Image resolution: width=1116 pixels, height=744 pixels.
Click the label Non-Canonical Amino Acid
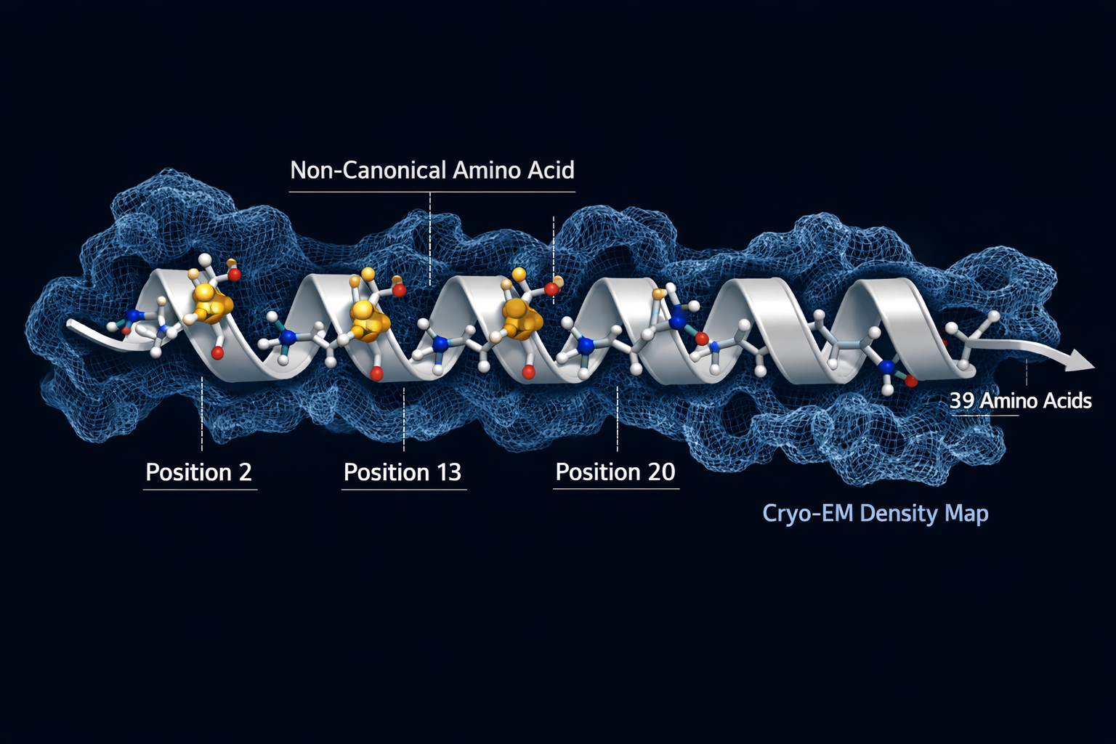pyautogui.click(x=432, y=171)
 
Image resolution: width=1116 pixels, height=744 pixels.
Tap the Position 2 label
pyautogui.click(x=199, y=472)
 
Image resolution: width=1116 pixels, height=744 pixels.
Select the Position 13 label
pyautogui.click(x=403, y=472)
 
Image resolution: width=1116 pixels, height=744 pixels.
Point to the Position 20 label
pyautogui.click(x=615, y=472)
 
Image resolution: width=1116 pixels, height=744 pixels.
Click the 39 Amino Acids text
pyautogui.click(x=1020, y=400)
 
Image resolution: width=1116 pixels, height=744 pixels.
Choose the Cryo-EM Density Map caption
pyautogui.click(x=876, y=513)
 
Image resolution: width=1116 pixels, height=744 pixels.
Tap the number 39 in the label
pyautogui.click(x=961, y=400)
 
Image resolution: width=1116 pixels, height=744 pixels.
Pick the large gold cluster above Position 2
pyautogui.click(x=212, y=303)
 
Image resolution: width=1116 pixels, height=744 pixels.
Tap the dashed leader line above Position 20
pyautogui.click(x=618, y=419)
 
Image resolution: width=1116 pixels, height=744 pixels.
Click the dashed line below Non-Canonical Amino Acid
pyautogui.click(x=430, y=239)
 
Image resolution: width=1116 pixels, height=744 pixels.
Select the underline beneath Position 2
pyautogui.click(x=200, y=490)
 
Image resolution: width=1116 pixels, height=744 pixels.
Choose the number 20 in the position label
pyautogui.click(x=661, y=472)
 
